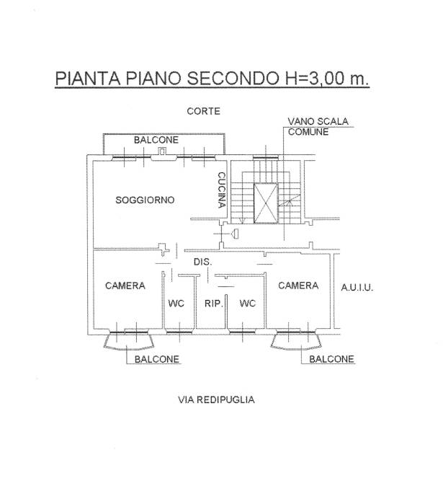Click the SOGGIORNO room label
(145, 200)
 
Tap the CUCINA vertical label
(223, 190)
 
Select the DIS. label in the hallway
(202, 262)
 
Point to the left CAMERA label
(125, 286)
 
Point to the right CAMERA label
(298, 286)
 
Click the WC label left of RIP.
(176, 304)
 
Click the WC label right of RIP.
(247, 304)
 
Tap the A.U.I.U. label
(357, 287)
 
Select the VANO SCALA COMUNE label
(318, 127)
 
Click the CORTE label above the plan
(203, 111)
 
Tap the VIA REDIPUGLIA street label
(215, 399)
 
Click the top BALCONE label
(156, 139)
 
